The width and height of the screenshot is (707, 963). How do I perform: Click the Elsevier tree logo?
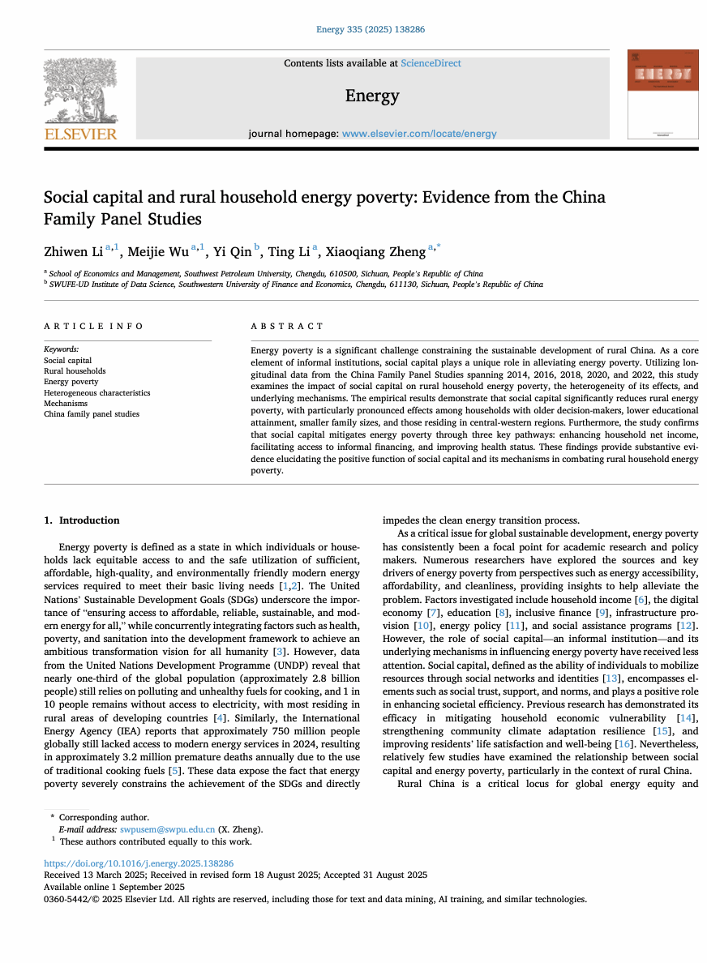[79, 92]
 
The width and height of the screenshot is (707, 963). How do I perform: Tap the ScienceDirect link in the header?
[431, 63]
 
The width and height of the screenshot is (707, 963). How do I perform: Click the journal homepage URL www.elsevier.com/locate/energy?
[419, 134]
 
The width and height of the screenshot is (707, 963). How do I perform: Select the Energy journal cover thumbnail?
[662, 93]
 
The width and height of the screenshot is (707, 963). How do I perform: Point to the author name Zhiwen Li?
[73, 250]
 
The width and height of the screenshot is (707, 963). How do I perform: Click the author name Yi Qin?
[232, 250]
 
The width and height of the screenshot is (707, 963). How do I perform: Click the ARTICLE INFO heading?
[94, 326]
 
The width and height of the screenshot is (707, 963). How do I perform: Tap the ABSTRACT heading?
[287, 326]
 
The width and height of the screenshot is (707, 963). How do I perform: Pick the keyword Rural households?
[75, 371]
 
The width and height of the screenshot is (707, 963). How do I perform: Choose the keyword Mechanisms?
[66, 403]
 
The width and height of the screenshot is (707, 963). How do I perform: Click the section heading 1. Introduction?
[82, 520]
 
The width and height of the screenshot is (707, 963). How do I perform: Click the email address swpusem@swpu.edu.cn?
[167, 829]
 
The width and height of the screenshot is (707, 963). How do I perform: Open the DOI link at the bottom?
[139, 864]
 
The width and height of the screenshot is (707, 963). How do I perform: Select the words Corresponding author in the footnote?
[104, 818]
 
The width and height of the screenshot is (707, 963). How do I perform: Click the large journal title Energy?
[372, 96]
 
